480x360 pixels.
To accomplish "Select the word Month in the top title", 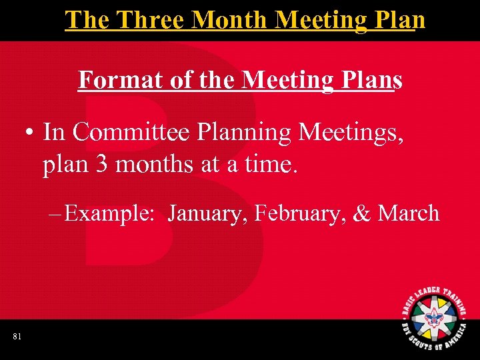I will pos(232,19).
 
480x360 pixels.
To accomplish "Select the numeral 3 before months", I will pos(101,164).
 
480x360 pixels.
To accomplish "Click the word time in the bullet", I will pos(270,164).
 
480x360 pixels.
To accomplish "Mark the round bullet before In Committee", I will pos(31,133).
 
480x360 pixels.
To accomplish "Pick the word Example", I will pos(109,214).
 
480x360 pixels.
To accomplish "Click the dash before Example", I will pos(55,214).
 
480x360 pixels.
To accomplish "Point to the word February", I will pos(299,214).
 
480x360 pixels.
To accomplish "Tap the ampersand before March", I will pos(362,214).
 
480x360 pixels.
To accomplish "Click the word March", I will pos(408,214).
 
